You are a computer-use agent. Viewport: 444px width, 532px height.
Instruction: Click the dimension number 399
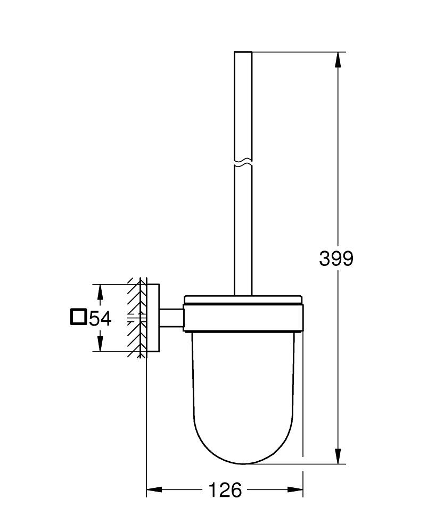pyautogui.click(x=336, y=259)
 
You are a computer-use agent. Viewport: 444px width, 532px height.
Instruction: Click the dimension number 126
pyautogui.click(x=225, y=489)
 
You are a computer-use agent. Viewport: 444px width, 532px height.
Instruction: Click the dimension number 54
pyautogui.click(x=100, y=318)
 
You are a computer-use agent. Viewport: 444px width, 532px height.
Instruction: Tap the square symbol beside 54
pyautogui.click(x=78, y=317)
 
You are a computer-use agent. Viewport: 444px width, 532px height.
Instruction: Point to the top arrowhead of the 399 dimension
pyautogui.click(x=338, y=59)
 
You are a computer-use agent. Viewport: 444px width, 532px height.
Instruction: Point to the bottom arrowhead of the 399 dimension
pyautogui.click(x=338, y=456)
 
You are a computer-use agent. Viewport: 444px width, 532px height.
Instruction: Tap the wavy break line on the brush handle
pyautogui.click(x=243, y=162)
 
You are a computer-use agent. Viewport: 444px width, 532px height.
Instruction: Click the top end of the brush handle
pyautogui.click(x=243, y=53)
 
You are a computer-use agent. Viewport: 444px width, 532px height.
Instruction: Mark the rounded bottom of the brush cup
pyautogui.click(x=243, y=458)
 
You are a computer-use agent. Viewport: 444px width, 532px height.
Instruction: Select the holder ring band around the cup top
pyautogui.click(x=243, y=318)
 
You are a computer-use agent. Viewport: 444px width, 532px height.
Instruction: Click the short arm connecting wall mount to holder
pyautogui.click(x=171, y=318)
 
